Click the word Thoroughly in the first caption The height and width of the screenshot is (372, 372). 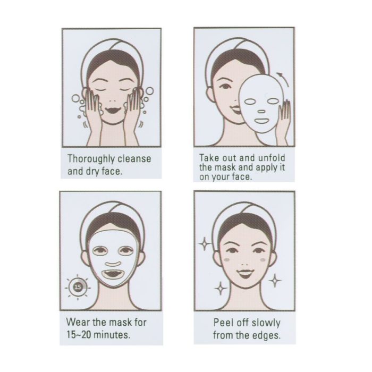[x=91, y=159]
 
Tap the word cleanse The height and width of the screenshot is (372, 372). [x=134, y=159]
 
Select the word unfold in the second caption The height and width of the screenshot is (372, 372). [x=272, y=158]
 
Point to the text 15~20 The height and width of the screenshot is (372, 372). [x=79, y=334]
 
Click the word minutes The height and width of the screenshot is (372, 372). [x=112, y=335]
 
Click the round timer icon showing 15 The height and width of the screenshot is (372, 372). [x=78, y=288]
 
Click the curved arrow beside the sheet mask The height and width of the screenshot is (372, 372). [x=284, y=79]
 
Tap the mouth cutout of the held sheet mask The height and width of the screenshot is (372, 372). [x=261, y=122]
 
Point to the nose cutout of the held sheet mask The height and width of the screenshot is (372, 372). [x=261, y=111]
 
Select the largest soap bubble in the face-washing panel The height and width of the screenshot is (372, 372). [x=149, y=91]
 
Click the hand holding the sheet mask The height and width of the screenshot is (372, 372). [x=284, y=119]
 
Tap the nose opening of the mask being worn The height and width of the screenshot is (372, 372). [x=113, y=264]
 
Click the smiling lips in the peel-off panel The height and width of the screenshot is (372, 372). [x=246, y=274]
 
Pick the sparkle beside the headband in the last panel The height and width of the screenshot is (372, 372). [x=204, y=243]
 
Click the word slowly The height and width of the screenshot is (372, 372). [x=266, y=323]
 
